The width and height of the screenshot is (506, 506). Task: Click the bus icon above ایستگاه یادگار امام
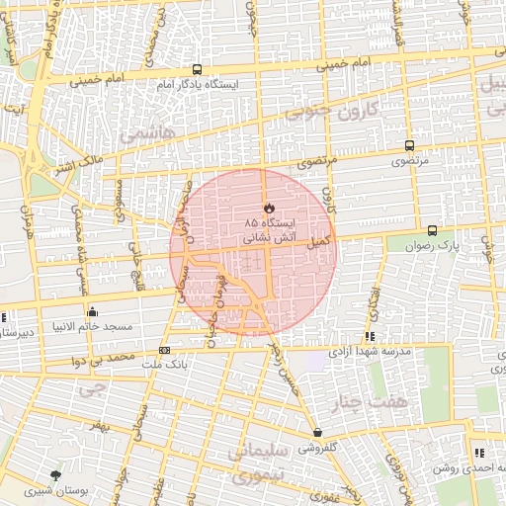point(198,70)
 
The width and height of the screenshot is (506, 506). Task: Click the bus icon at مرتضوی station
point(409,145)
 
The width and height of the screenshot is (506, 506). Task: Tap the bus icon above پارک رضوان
point(432,230)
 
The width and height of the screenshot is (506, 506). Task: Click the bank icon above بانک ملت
point(164,350)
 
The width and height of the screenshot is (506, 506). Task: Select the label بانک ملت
point(163,365)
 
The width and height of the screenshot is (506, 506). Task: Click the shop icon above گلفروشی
point(317,433)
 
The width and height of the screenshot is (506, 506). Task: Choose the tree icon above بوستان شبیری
point(55,475)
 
